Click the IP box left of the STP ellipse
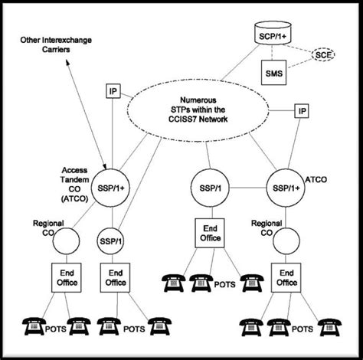click(x=113, y=91)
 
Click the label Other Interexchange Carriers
click(x=56, y=44)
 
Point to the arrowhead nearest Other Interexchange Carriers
click(x=67, y=62)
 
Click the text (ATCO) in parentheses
click(x=74, y=199)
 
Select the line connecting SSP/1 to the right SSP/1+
click(x=248, y=188)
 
